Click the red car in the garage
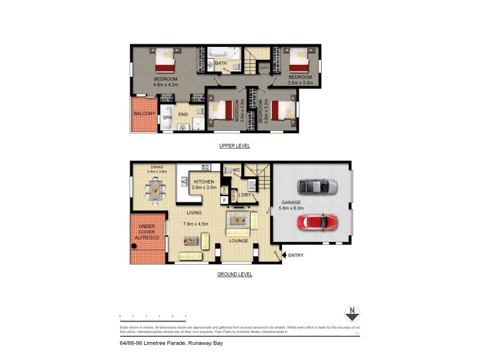317,222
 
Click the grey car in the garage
317,187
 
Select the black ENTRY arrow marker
284,255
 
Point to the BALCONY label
144,114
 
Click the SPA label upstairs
167,118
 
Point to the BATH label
220,63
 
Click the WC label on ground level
236,170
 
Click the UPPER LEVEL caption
235,146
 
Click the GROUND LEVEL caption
235,274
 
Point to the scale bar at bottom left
152,316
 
